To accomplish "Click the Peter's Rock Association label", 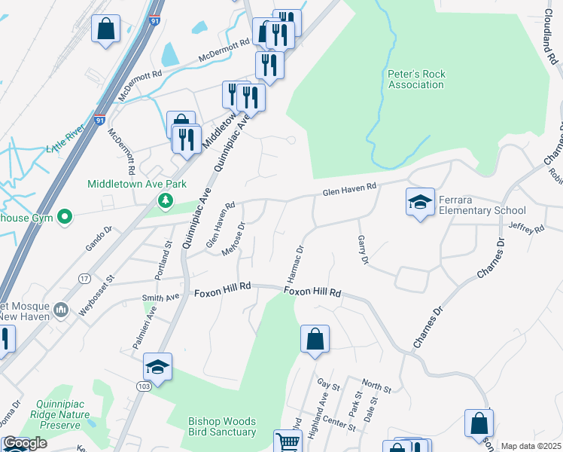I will point(415,79).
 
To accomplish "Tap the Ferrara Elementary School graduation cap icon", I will point(420,202).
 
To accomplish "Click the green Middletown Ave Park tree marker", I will point(164,200).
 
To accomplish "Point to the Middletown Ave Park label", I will point(126,183).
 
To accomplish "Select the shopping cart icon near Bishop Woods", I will point(287,441).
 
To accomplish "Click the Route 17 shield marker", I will point(84,278).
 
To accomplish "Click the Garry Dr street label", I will point(363,249).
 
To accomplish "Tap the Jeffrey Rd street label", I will point(526,228).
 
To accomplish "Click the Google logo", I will point(25,443).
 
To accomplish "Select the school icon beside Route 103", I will point(158,367).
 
